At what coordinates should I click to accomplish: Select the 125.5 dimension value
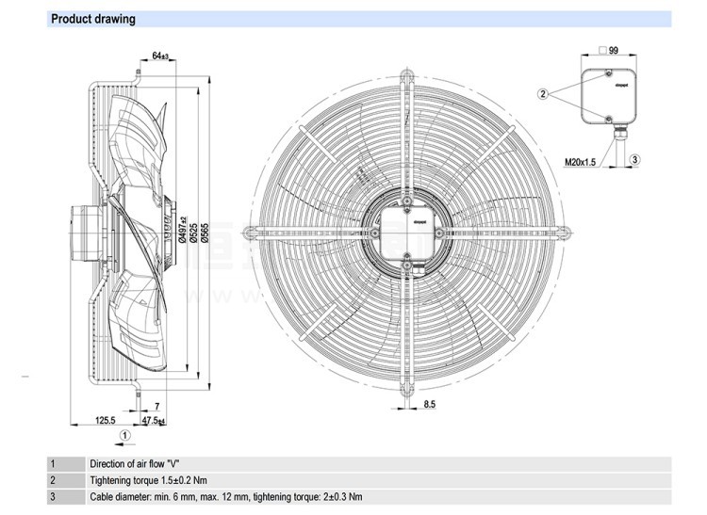(105, 420)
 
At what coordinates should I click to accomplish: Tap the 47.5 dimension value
(152, 420)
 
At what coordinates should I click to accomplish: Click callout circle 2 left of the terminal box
(543, 93)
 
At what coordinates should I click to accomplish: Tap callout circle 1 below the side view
(126, 435)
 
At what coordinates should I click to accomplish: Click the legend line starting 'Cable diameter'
(225, 496)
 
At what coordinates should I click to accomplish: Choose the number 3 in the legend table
(53, 496)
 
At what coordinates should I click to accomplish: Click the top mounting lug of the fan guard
(406, 72)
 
